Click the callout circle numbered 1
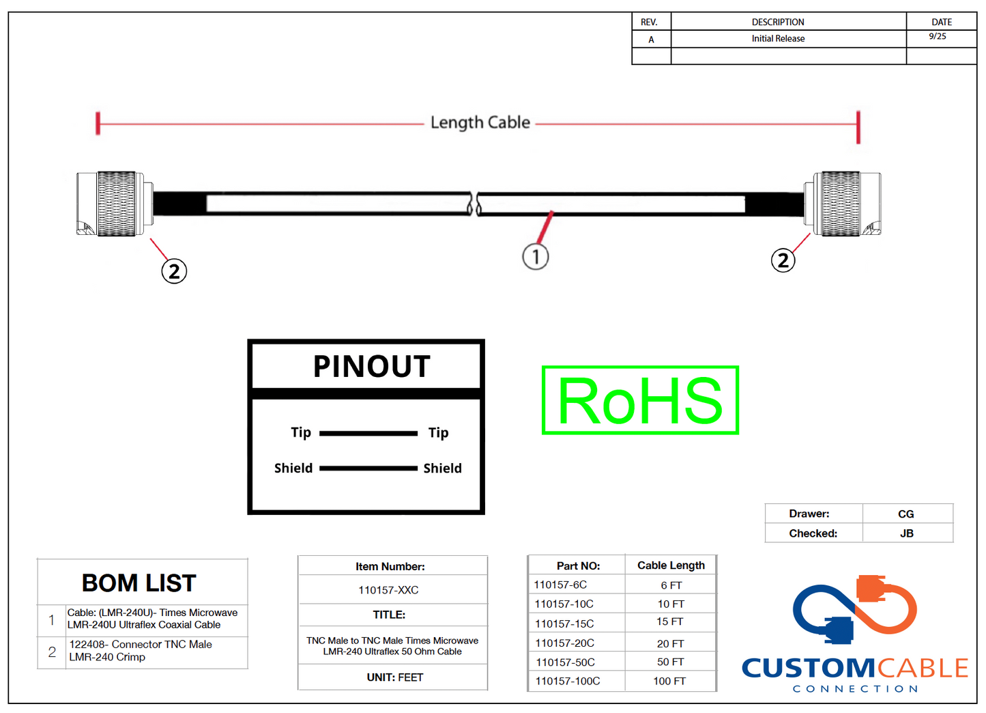coord(536,257)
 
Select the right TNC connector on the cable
coord(842,204)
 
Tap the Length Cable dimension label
coord(480,123)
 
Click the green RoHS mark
coord(640,400)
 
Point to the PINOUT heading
coord(371,367)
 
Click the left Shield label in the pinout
coord(293,469)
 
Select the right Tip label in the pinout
coord(438,433)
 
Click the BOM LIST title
coord(139,583)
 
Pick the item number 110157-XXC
coord(388,590)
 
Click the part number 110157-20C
coord(564,643)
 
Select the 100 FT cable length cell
coord(669,681)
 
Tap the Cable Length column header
coord(671,565)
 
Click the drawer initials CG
coord(905,514)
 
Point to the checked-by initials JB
coord(906,533)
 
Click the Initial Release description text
coord(778,39)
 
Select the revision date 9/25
coord(938,37)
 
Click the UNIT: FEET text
coord(394,677)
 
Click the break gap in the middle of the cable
coord(474,204)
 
